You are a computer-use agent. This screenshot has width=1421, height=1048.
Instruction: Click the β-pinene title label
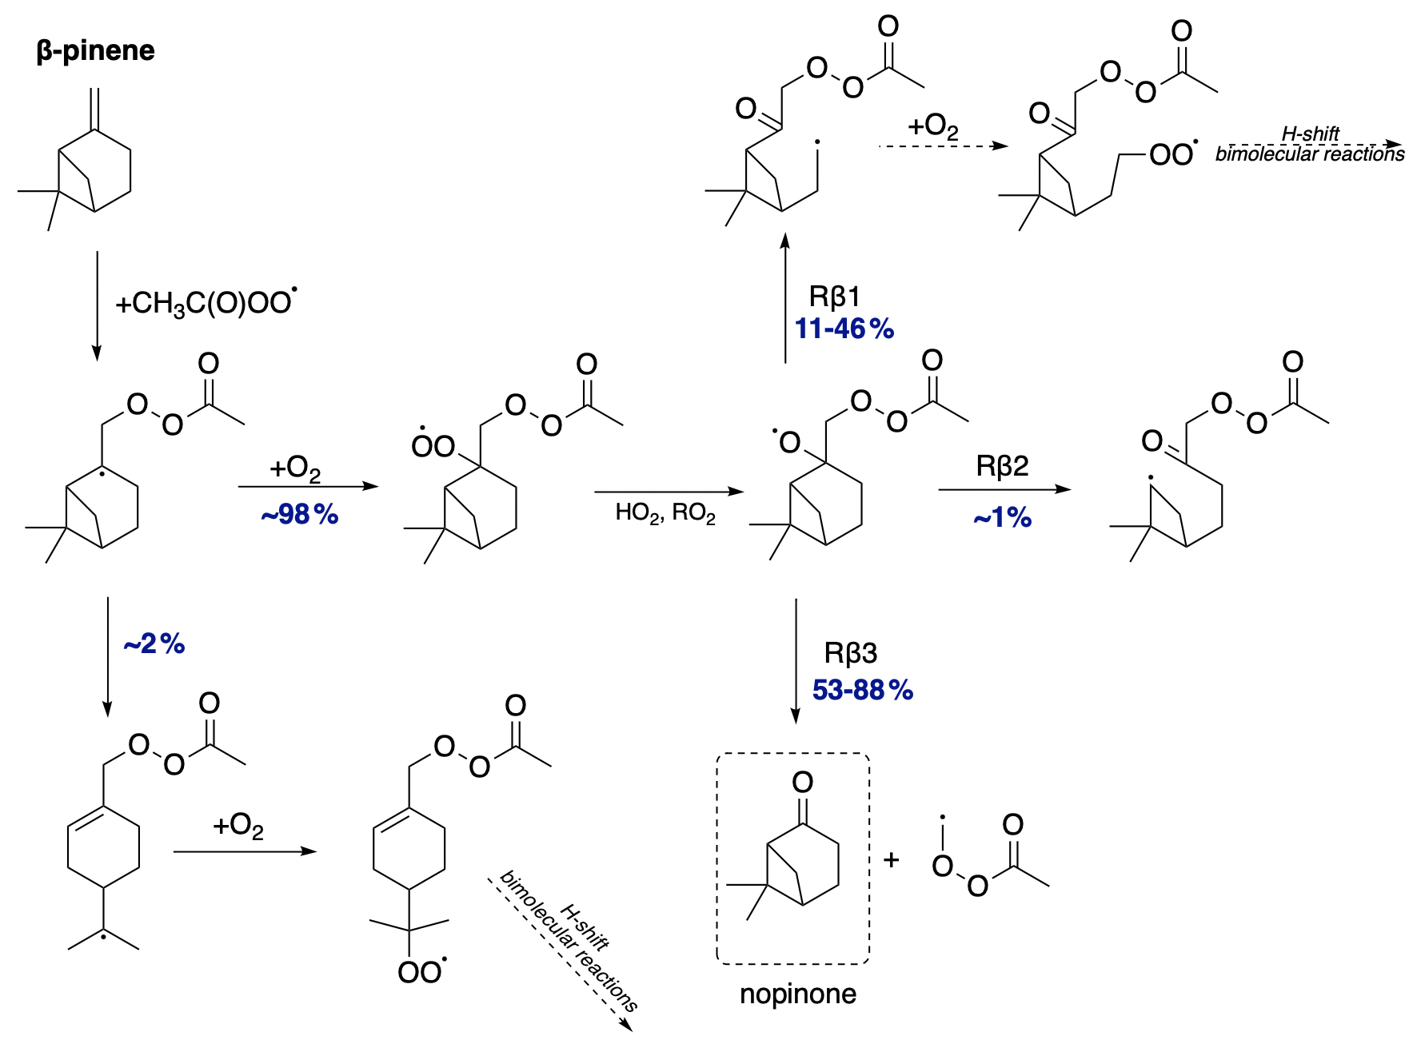tap(95, 51)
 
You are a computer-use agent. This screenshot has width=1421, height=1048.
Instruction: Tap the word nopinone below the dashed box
tap(797, 994)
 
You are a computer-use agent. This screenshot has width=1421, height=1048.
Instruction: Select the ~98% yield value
tap(300, 515)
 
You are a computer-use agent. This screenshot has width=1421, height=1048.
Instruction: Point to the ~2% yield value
tap(154, 644)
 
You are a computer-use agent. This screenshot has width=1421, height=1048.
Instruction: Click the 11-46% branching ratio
tap(844, 329)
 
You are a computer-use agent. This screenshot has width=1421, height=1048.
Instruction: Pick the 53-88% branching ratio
tap(862, 690)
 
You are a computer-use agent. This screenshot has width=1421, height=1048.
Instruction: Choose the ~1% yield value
tap(1002, 518)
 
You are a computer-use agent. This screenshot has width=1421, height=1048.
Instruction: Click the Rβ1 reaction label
tap(834, 297)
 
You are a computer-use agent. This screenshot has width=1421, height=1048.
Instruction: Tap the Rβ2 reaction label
tap(1002, 466)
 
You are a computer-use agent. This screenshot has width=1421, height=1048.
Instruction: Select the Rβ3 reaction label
tap(850, 653)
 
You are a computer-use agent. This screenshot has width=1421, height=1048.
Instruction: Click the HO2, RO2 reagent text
tap(665, 513)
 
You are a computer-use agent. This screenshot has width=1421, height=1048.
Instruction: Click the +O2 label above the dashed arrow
tap(932, 126)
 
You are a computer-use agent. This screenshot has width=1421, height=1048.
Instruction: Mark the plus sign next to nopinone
tap(892, 859)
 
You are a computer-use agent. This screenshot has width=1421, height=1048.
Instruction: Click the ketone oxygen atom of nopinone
tap(802, 782)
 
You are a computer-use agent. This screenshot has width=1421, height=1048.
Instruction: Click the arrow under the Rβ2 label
tap(1004, 489)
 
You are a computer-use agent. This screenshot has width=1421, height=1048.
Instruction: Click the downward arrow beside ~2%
tap(107, 655)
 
